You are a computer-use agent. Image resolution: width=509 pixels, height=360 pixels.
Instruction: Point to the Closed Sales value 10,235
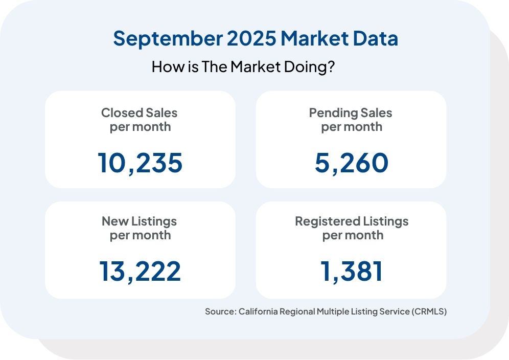click(140, 163)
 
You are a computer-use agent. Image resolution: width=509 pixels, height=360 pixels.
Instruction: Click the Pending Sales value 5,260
click(351, 163)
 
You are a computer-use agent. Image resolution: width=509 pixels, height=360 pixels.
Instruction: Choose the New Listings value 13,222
click(140, 271)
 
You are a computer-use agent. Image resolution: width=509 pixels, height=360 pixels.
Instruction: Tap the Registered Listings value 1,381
click(352, 271)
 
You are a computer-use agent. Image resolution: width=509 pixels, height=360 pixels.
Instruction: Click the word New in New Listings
click(112, 221)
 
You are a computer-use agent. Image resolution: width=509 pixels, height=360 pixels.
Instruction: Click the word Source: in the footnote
click(220, 311)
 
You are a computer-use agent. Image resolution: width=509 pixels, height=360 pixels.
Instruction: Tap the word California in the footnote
click(259, 311)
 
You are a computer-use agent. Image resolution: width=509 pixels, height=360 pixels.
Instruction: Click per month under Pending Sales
click(351, 127)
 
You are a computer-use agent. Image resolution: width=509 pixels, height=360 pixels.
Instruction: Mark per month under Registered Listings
click(352, 235)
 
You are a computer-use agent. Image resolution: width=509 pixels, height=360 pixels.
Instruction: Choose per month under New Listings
click(140, 235)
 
